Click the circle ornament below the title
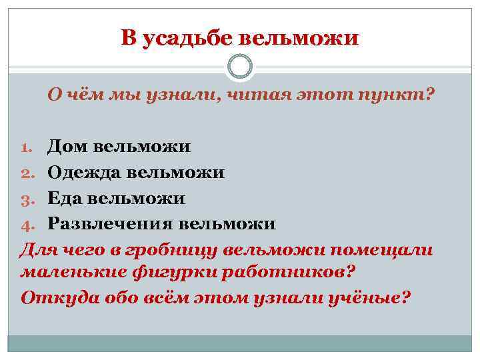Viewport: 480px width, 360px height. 240,66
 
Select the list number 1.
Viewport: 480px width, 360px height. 29,147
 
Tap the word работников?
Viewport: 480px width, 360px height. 299,273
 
